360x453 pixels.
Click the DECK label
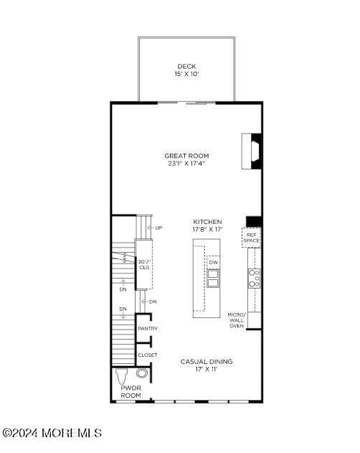(186, 66)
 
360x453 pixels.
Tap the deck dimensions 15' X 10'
(186, 74)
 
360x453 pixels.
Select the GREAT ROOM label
(186, 155)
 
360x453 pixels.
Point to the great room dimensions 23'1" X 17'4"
(186, 163)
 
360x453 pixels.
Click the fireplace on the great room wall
(251, 151)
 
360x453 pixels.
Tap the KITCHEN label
(207, 222)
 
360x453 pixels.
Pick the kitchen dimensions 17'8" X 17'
(207, 230)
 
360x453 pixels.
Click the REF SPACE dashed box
(251, 238)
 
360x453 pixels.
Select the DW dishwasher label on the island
(213, 262)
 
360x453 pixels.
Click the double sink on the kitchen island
(213, 278)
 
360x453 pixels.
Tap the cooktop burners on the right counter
(254, 278)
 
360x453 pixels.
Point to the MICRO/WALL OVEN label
(237, 320)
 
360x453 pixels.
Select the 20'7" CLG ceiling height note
(144, 264)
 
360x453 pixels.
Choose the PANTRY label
(148, 328)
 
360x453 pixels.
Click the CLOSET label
(148, 355)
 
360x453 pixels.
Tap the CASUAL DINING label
(207, 361)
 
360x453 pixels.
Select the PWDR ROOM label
(131, 392)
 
